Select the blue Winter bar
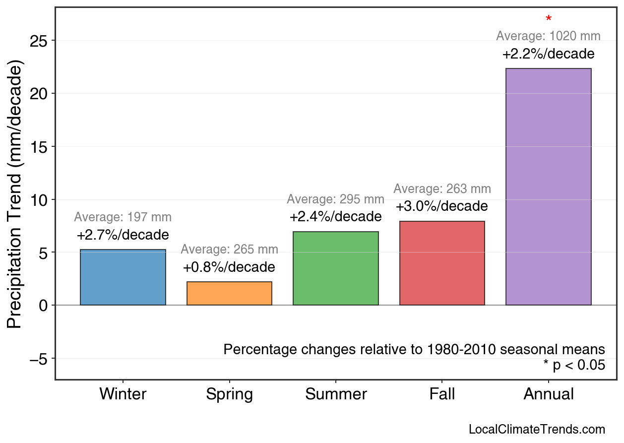point(123,277)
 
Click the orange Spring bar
point(229,294)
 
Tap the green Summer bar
point(336,268)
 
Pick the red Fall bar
point(442,263)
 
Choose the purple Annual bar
point(548,187)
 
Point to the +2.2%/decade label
point(548,54)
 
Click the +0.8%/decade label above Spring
point(229,267)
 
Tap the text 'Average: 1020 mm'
point(548,36)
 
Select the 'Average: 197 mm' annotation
point(123,217)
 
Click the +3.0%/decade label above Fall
point(442,206)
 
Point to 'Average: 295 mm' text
point(336,199)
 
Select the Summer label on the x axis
point(336,394)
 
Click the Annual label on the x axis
point(548,394)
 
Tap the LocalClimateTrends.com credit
point(537,429)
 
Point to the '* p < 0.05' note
point(574,366)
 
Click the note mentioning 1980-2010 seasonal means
point(414,349)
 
